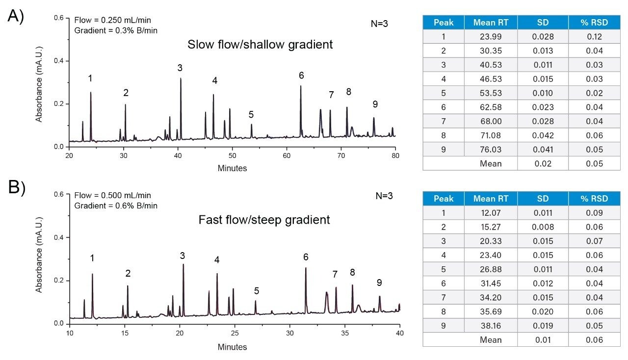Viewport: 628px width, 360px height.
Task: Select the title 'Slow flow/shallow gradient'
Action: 260,44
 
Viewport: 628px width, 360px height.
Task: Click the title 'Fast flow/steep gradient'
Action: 264,220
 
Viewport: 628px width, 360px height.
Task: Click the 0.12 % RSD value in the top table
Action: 594,37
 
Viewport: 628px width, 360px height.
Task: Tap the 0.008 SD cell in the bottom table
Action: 543,227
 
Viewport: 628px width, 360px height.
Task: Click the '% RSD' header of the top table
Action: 594,23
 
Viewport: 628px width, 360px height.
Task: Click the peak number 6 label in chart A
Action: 301,75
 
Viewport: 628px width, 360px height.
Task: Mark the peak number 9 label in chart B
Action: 379,283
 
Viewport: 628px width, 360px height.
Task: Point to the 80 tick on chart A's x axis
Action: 395,155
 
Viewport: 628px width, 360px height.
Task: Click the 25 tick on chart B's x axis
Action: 235,332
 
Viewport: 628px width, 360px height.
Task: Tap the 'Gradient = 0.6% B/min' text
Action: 116,206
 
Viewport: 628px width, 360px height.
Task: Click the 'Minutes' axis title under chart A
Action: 232,168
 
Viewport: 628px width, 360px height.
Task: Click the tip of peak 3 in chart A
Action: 181,78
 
